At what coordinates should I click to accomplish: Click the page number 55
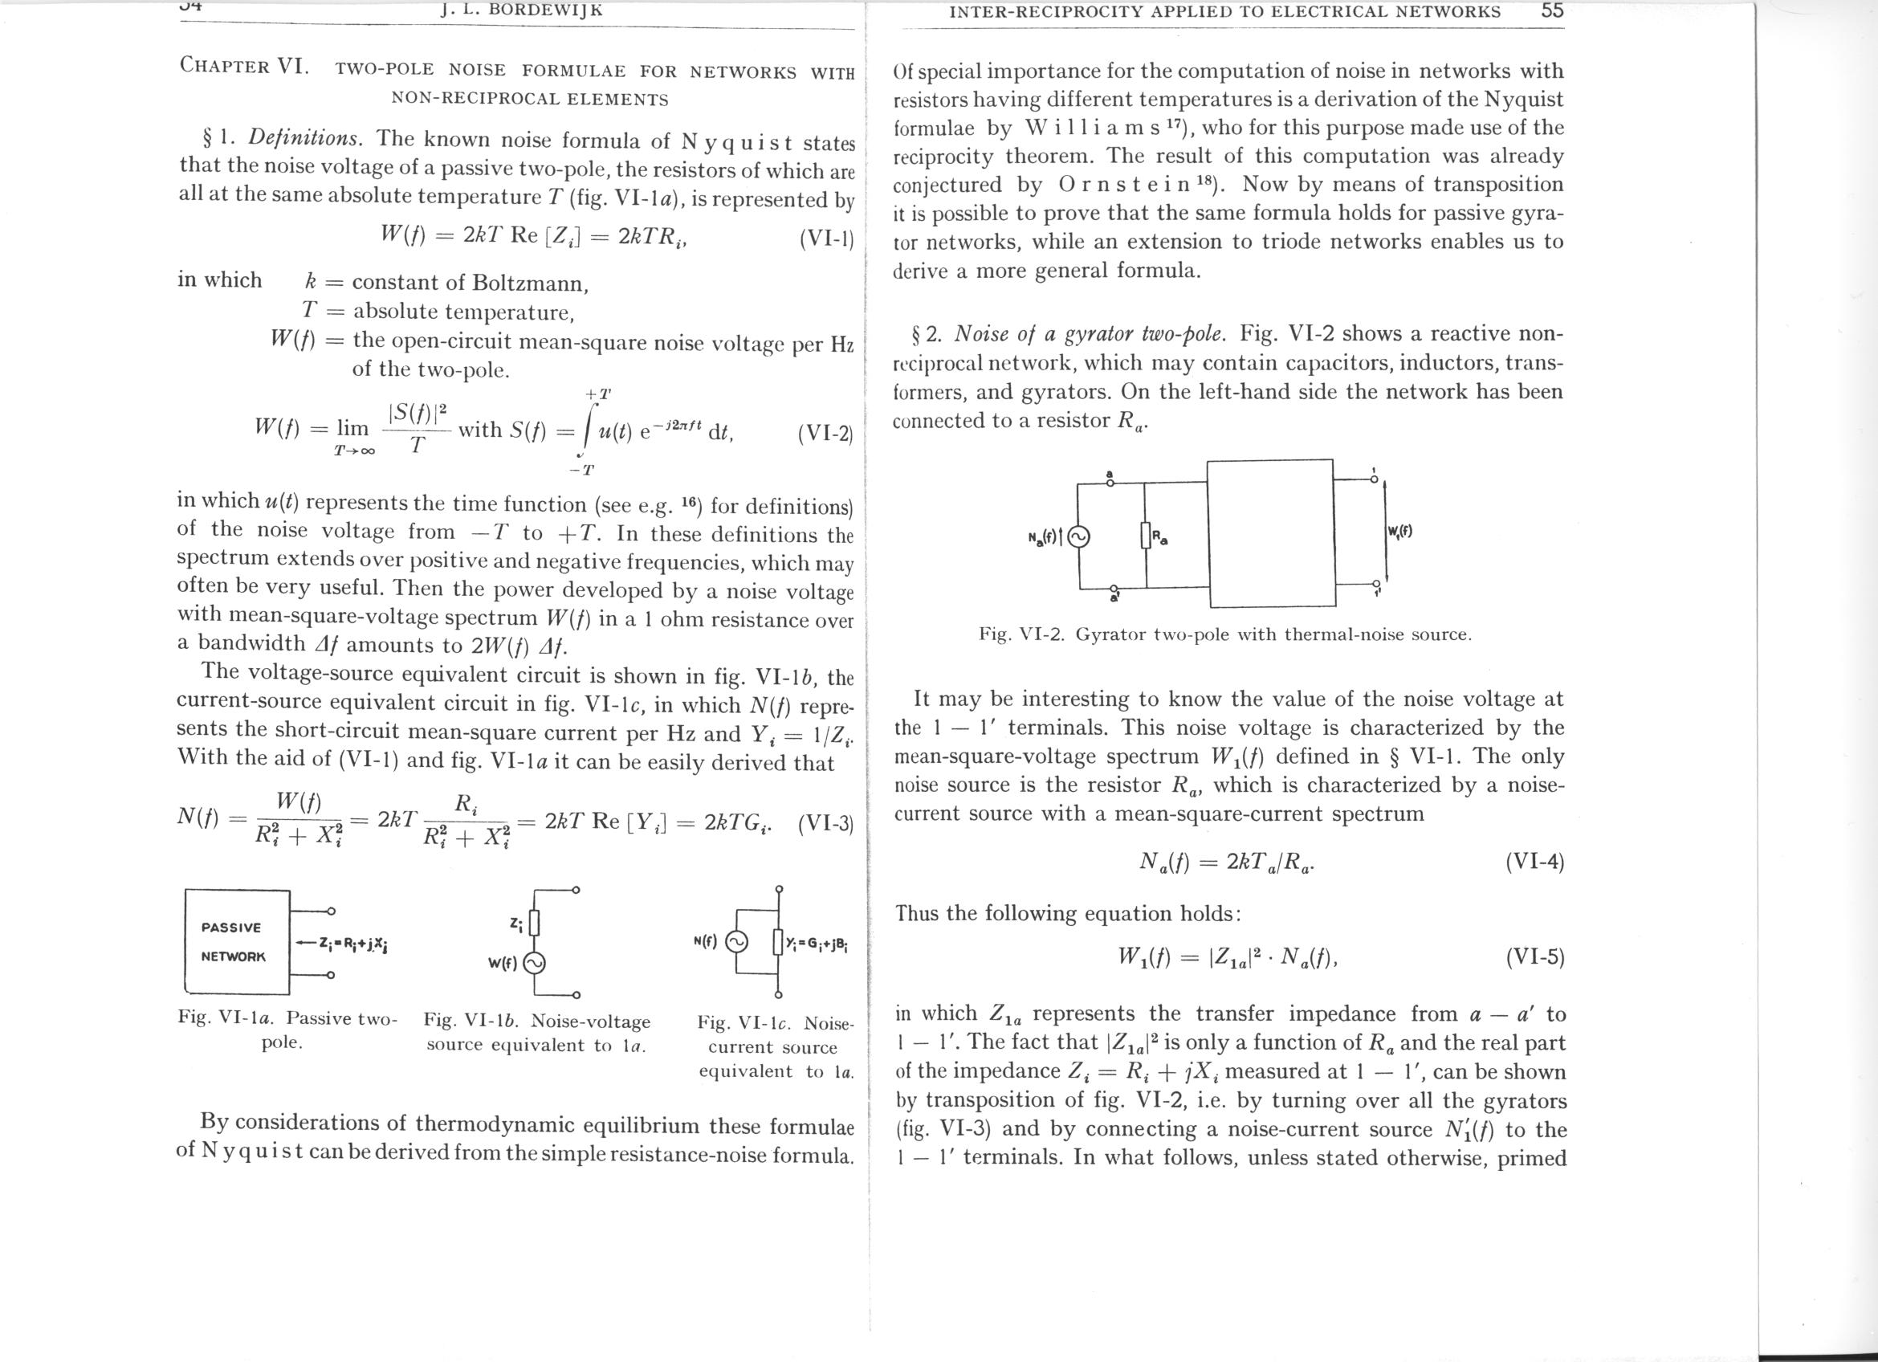pos(1553,10)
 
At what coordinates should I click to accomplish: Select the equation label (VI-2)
pos(825,432)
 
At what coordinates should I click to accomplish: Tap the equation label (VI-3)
pos(825,825)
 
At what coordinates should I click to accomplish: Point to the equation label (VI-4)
pos(1534,862)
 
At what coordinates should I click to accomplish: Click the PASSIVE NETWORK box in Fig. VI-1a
pos(237,941)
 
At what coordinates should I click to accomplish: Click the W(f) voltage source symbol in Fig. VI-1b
pos(532,963)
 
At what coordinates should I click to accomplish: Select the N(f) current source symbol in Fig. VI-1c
pos(736,941)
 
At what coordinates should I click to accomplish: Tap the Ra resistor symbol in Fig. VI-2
pos(1146,536)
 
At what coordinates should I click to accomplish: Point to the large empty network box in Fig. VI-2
pos(1269,534)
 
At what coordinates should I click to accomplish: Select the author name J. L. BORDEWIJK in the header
pos(522,10)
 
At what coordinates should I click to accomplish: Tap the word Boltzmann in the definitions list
pos(530,283)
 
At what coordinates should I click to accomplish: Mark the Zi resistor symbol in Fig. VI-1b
pos(534,923)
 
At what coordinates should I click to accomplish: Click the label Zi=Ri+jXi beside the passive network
pos(348,942)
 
